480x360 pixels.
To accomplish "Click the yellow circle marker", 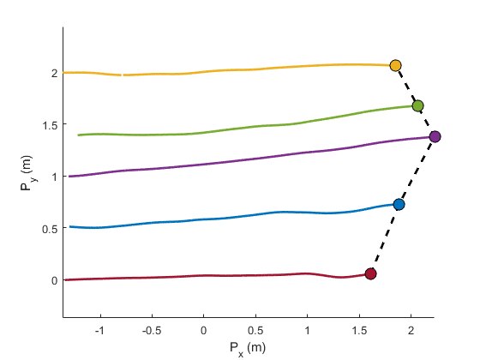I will (395, 65).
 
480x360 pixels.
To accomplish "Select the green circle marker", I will (417, 106).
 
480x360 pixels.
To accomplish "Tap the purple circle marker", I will (435, 136).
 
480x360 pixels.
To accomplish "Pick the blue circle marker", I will (399, 204).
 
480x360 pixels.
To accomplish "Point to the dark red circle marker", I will (371, 273).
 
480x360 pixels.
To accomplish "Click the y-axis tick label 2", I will (53, 73).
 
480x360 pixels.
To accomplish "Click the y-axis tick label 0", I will (53, 280).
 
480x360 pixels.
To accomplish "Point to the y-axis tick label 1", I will (53, 177).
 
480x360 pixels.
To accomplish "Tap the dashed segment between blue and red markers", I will (385, 239).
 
